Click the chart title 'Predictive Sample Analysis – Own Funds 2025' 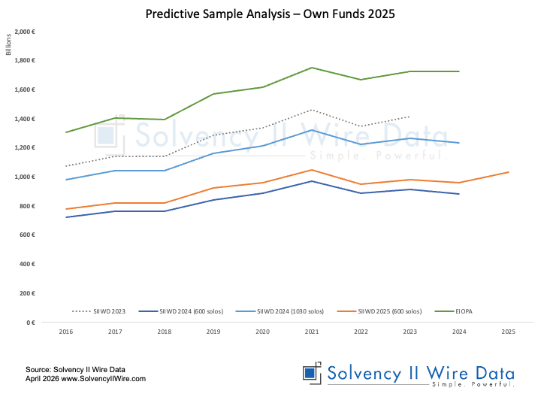point(270,14)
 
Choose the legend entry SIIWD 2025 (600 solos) point(378,311)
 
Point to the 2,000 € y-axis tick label point(25,32)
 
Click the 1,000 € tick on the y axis point(25,177)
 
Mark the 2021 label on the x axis point(311,331)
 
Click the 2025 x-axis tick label point(508,331)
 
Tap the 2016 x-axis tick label point(66,331)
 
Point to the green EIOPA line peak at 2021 point(311,68)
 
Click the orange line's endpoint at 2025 point(509,172)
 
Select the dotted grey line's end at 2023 point(410,117)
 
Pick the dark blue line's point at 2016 point(66,217)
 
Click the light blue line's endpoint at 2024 point(459,143)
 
